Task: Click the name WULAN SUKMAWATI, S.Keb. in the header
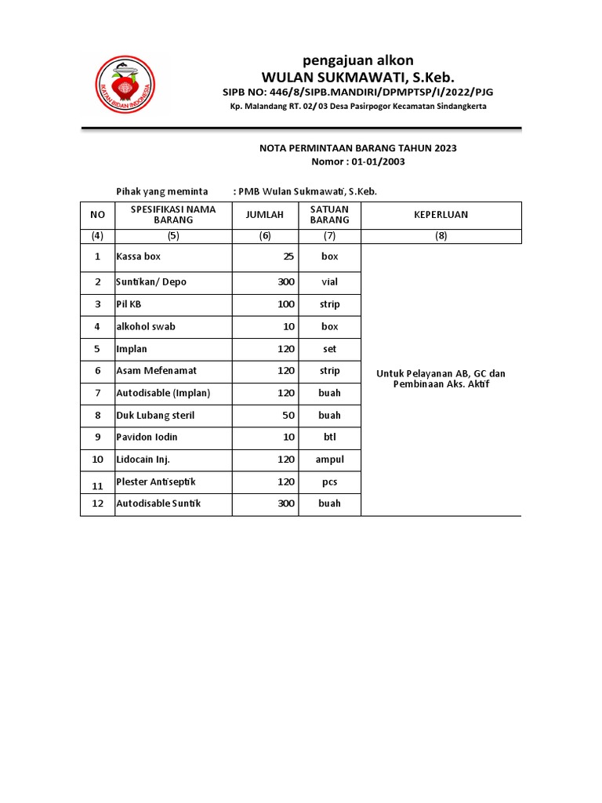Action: (x=358, y=77)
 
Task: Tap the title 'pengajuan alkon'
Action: (x=358, y=60)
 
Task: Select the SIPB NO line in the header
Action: (x=358, y=93)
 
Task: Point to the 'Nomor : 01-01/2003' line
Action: (x=358, y=162)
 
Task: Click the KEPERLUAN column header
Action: (x=441, y=215)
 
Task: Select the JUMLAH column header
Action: (x=265, y=215)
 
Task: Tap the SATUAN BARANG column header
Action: (x=329, y=215)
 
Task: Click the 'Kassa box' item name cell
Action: (x=139, y=256)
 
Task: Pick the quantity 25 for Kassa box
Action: (x=288, y=256)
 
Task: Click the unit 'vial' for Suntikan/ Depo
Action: (x=329, y=282)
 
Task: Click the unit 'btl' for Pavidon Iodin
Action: (x=329, y=437)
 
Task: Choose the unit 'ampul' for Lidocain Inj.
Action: (x=329, y=460)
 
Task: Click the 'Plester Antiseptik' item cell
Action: (x=158, y=481)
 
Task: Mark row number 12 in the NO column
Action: (x=97, y=503)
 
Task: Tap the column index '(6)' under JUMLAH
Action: (x=265, y=235)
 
